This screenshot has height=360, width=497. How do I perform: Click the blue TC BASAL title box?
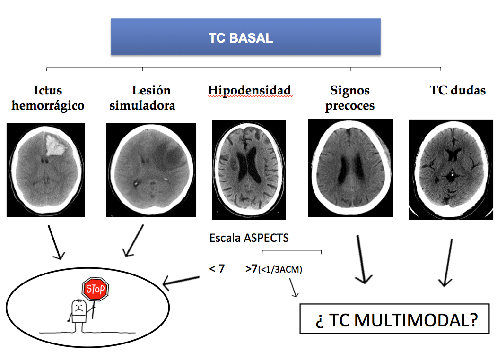245,38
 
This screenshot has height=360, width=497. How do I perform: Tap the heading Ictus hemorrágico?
48,98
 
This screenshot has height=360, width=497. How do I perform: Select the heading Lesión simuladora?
143,98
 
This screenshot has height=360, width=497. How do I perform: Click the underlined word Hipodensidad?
249,90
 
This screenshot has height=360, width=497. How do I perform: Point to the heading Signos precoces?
350,98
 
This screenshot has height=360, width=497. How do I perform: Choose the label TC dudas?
457,90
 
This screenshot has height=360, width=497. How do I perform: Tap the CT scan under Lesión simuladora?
151,170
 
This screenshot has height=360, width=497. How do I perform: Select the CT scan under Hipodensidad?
249,170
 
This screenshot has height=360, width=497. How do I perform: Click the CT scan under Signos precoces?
350,167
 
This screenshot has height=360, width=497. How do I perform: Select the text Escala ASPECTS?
249,238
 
